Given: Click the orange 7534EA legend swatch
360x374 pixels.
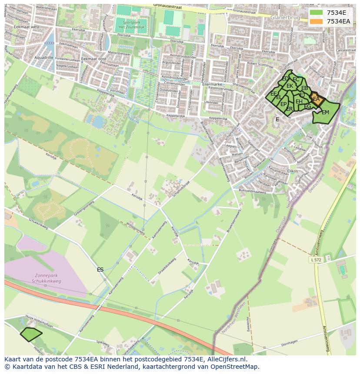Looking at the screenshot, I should [316, 21].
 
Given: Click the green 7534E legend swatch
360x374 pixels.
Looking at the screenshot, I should [316, 13].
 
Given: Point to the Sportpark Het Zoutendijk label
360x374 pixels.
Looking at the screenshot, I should [131, 24].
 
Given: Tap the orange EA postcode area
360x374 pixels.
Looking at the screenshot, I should [316, 99].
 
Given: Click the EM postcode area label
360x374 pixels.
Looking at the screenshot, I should [325, 113].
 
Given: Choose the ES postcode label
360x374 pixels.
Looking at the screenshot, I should [100, 270].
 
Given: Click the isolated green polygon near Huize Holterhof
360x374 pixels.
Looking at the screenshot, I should [31, 334].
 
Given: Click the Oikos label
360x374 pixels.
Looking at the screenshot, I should [293, 171].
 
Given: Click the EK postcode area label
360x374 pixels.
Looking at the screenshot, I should [290, 86].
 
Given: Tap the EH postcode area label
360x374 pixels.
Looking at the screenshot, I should [299, 102].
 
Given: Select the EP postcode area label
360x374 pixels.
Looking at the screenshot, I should [283, 104].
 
